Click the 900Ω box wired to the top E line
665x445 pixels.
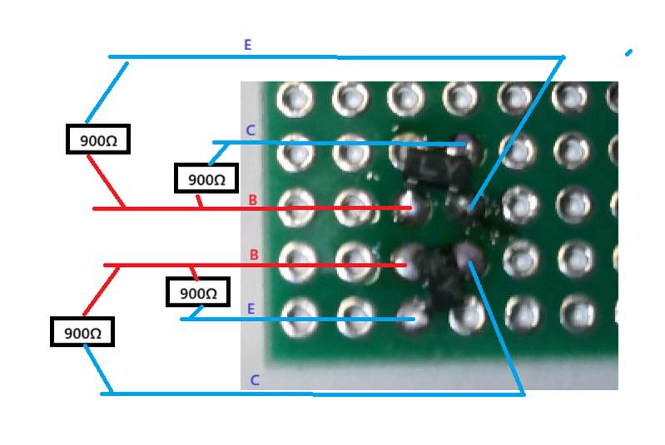[98, 140]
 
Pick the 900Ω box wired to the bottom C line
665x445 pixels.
[82, 333]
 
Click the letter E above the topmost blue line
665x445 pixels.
[247, 45]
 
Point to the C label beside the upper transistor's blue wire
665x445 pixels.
[251, 131]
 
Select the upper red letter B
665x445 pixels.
[253, 200]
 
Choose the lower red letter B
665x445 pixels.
[254, 255]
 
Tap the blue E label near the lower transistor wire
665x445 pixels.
[251, 309]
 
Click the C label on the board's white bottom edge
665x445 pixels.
[255, 380]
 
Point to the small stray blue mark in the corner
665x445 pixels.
[628, 52]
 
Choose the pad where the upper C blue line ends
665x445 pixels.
[463, 145]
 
